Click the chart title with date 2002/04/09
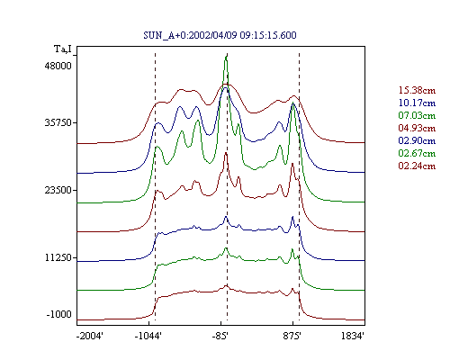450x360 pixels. tap(220, 35)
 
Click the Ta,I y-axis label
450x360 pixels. tap(63, 49)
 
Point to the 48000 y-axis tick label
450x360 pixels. tap(58, 66)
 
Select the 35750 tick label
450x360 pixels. tap(58, 122)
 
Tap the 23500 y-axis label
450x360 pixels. tap(58, 190)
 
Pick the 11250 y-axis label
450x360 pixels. tap(58, 257)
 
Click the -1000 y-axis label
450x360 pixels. tap(59, 314)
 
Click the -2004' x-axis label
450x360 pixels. tap(90, 336)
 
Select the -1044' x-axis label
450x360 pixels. tap(148, 336)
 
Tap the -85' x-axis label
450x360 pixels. tap(220, 336)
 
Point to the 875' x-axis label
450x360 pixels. tap(292, 336)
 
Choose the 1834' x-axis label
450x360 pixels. tap(353, 336)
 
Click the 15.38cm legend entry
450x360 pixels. tap(417, 90)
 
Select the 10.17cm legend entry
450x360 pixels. tap(417, 103)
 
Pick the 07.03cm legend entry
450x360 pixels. tap(417, 115)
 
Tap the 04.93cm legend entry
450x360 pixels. tap(417, 128)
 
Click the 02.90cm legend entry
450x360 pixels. tap(417, 140)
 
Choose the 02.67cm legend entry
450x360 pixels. tap(417, 153)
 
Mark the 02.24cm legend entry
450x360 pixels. tap(417, 166)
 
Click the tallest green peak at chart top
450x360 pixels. tap(226, 57)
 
